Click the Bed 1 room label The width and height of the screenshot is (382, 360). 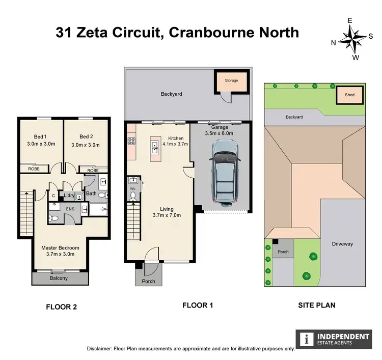[x=40, y=136]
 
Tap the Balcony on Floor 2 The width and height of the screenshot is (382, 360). [x=58, y=279]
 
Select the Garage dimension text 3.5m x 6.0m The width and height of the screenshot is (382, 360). [x=219, y=133]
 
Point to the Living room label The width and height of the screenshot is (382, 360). [x=167, y=209]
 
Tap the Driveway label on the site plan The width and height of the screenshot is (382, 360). [x=342, y=244]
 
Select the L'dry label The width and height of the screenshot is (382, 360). [x=68, y=195]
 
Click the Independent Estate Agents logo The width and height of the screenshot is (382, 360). [x=334, y=339]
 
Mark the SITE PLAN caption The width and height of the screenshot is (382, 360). [x=317, y=306]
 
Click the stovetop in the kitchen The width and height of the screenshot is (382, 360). [x=131, y=142]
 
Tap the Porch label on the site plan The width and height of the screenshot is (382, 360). [x=283, y=252]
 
